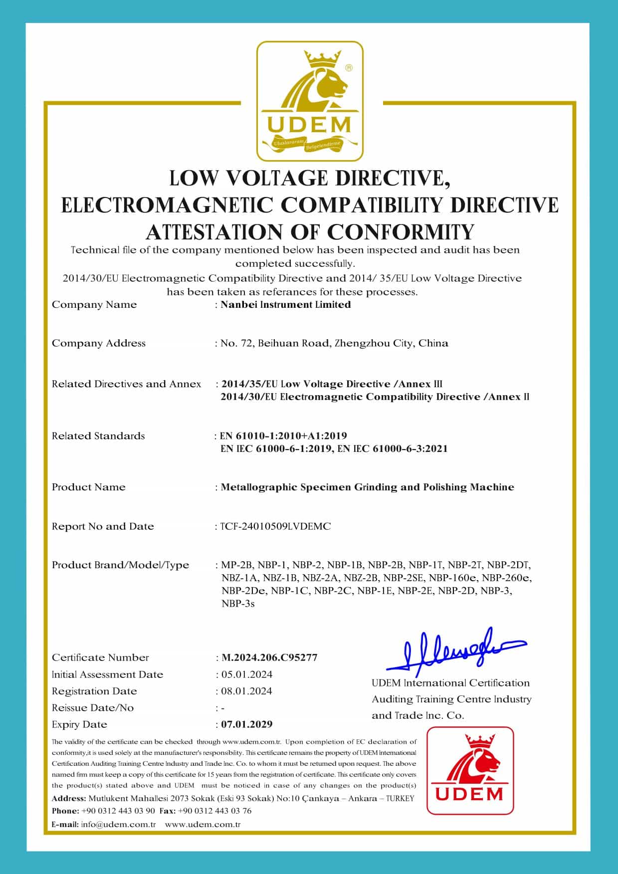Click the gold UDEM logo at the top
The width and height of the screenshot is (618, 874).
point(309,101)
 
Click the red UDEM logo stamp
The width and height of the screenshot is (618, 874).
point(470,771)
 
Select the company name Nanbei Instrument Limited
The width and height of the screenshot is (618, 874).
point(285,305)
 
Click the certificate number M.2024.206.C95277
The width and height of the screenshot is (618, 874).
point(269,657)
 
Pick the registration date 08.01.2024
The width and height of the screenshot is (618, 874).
point(247,691)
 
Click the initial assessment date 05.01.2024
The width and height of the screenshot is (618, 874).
point(247,674)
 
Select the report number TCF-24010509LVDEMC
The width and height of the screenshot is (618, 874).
point(275,526)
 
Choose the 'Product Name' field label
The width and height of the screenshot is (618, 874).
point(89,487)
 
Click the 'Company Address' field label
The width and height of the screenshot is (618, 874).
point(99,343)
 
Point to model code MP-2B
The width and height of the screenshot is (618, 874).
point(237,565)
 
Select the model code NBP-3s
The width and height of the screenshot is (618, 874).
point(238,604)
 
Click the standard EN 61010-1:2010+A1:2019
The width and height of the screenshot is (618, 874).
point(283,436)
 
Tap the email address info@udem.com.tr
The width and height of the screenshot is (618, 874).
point(118,824)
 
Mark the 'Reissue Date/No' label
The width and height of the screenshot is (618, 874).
point(93,708)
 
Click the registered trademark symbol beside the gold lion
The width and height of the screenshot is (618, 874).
point(349,68)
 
